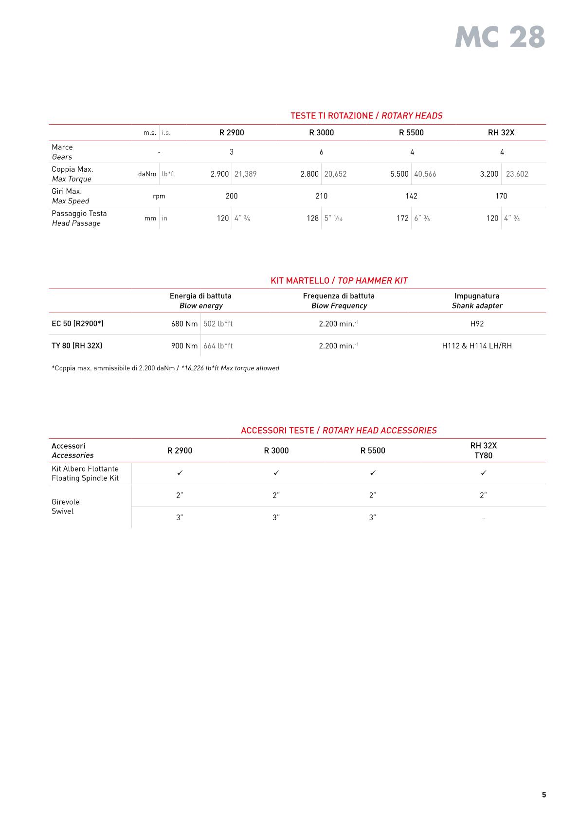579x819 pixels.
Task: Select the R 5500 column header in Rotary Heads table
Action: click(411, 132)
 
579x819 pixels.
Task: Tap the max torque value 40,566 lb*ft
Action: click(425, 174)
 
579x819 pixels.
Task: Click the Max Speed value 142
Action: click(411, 196)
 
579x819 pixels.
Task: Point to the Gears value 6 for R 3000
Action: click(321, 152)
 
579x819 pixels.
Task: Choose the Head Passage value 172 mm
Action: click(402, 218)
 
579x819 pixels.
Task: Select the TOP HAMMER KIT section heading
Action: click(339, 281)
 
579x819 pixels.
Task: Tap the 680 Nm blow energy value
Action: click(184, 324)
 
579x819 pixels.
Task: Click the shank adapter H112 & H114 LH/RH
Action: click(476, 346)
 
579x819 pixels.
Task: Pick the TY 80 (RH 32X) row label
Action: click(77, 346)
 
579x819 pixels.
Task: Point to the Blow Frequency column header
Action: click(339, 301)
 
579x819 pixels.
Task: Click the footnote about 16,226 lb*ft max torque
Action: click(165, 368)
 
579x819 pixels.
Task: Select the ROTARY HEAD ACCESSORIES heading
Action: click(339, 431)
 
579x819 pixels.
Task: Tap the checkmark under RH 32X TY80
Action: click(483, 473)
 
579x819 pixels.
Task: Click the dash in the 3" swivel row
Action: click(483, 518)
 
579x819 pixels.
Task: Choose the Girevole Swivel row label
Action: click(66, 507)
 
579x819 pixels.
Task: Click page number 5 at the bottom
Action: click(543, 795)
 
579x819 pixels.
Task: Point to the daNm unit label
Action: click(147, 174)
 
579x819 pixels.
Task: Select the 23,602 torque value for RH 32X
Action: click(517, 174)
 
